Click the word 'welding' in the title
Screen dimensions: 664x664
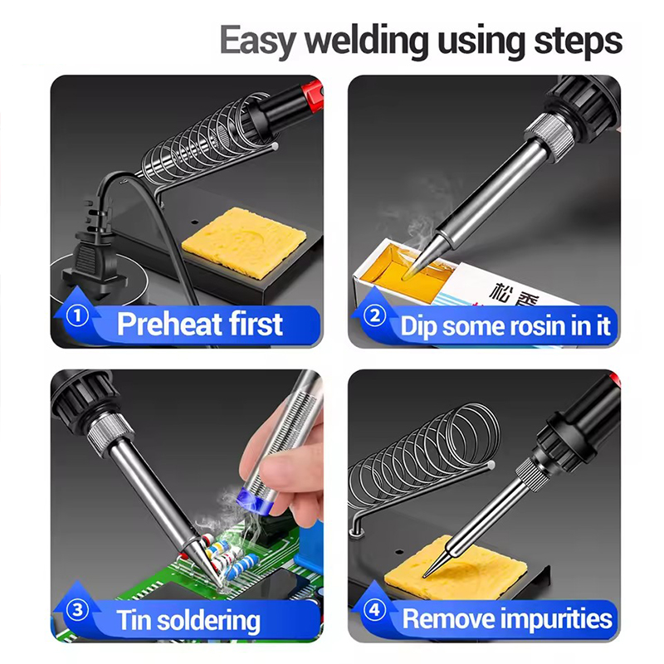[x=367, y=41]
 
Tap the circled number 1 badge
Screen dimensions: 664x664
[x=77, y=315]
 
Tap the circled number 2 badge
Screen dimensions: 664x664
[x=375, y=315]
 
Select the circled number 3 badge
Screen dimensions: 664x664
[x=77, y=610]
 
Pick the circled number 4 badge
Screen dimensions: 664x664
[x=375, y=610]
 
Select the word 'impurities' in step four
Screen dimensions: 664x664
[x=556, y=619]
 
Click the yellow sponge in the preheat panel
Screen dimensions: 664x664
[x=244, y=242]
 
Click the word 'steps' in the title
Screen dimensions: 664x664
[x=578, y=41]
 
